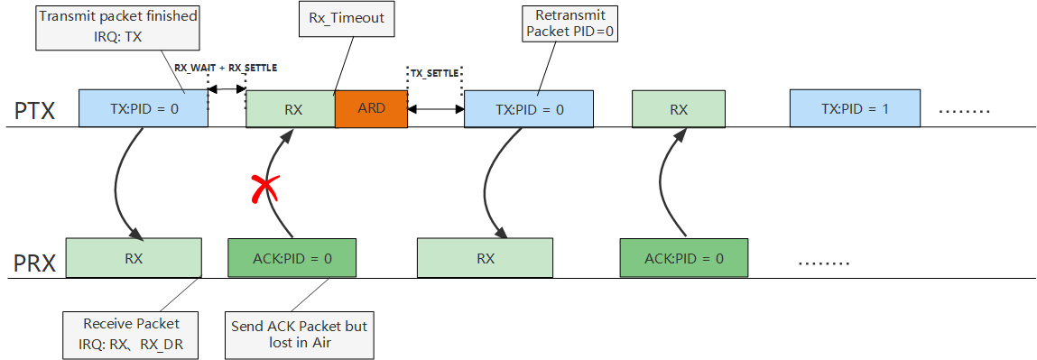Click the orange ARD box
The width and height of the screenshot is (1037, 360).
[x=371, y=109]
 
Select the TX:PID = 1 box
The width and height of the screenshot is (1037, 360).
[x=855, y=109]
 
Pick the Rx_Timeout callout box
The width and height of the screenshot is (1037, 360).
[x=347, y=18]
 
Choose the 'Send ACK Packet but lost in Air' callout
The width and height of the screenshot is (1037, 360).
[x=299, y=334]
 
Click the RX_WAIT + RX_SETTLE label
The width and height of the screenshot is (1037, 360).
[x=226, y=68]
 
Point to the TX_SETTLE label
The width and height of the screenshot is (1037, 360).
[x=434, y=73]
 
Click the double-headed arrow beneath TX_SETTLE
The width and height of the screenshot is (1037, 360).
[x=435, y=106]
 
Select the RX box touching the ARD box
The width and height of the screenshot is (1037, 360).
[x=291, y=109]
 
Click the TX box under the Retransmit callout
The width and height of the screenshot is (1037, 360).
[x=529, y=109]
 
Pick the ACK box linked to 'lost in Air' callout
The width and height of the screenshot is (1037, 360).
[x=292, y=258]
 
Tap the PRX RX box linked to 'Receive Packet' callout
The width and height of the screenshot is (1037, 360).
[x=134, y=258]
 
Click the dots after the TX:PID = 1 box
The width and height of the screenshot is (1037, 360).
[x=964, y=111]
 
